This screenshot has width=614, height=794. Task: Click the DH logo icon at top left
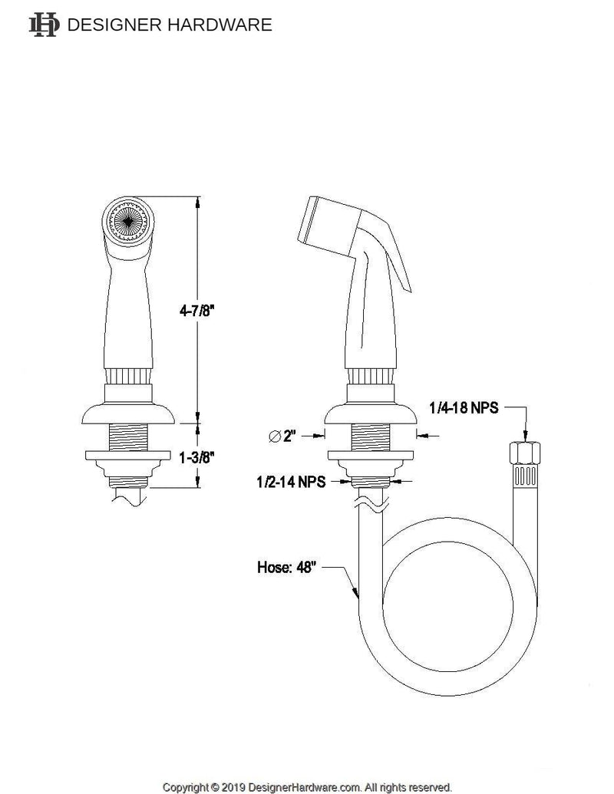pyautogui.click(x=43, y=25)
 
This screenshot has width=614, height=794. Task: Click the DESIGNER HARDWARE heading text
pyautogui.click(x=170, y=25)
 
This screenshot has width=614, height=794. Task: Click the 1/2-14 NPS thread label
pyautogui.click(x=290, y=482)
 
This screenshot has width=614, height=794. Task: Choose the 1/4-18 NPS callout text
pyautogui.click(x=463, y=408)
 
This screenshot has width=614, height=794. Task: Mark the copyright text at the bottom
pyautogui.click(x=307, y=786)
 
